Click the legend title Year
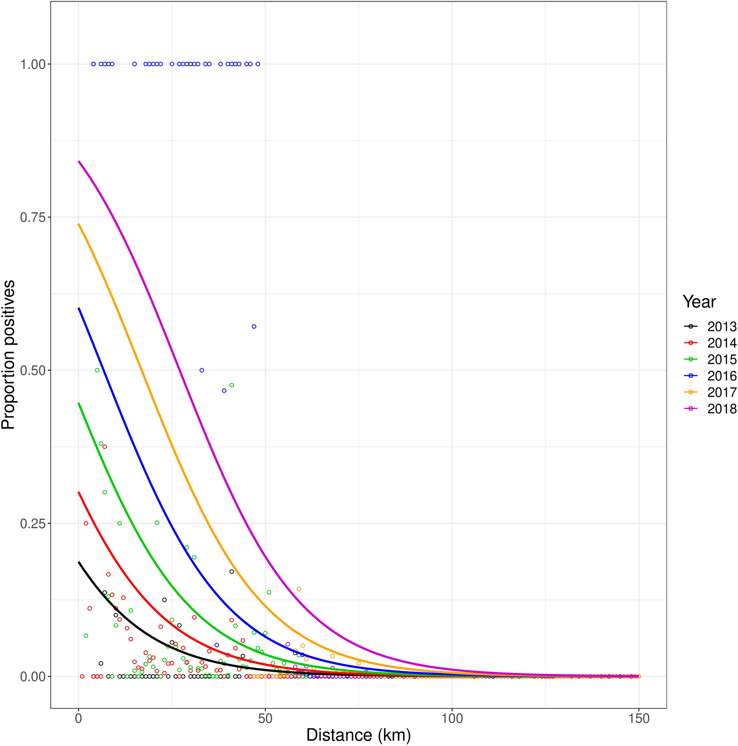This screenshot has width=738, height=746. point(699,302)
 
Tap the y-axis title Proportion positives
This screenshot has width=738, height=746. point(8,354)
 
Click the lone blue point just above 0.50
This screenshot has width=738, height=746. point(254,326)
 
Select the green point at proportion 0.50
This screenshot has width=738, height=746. point(97,370)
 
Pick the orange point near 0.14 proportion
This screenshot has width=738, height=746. point(299,589)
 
